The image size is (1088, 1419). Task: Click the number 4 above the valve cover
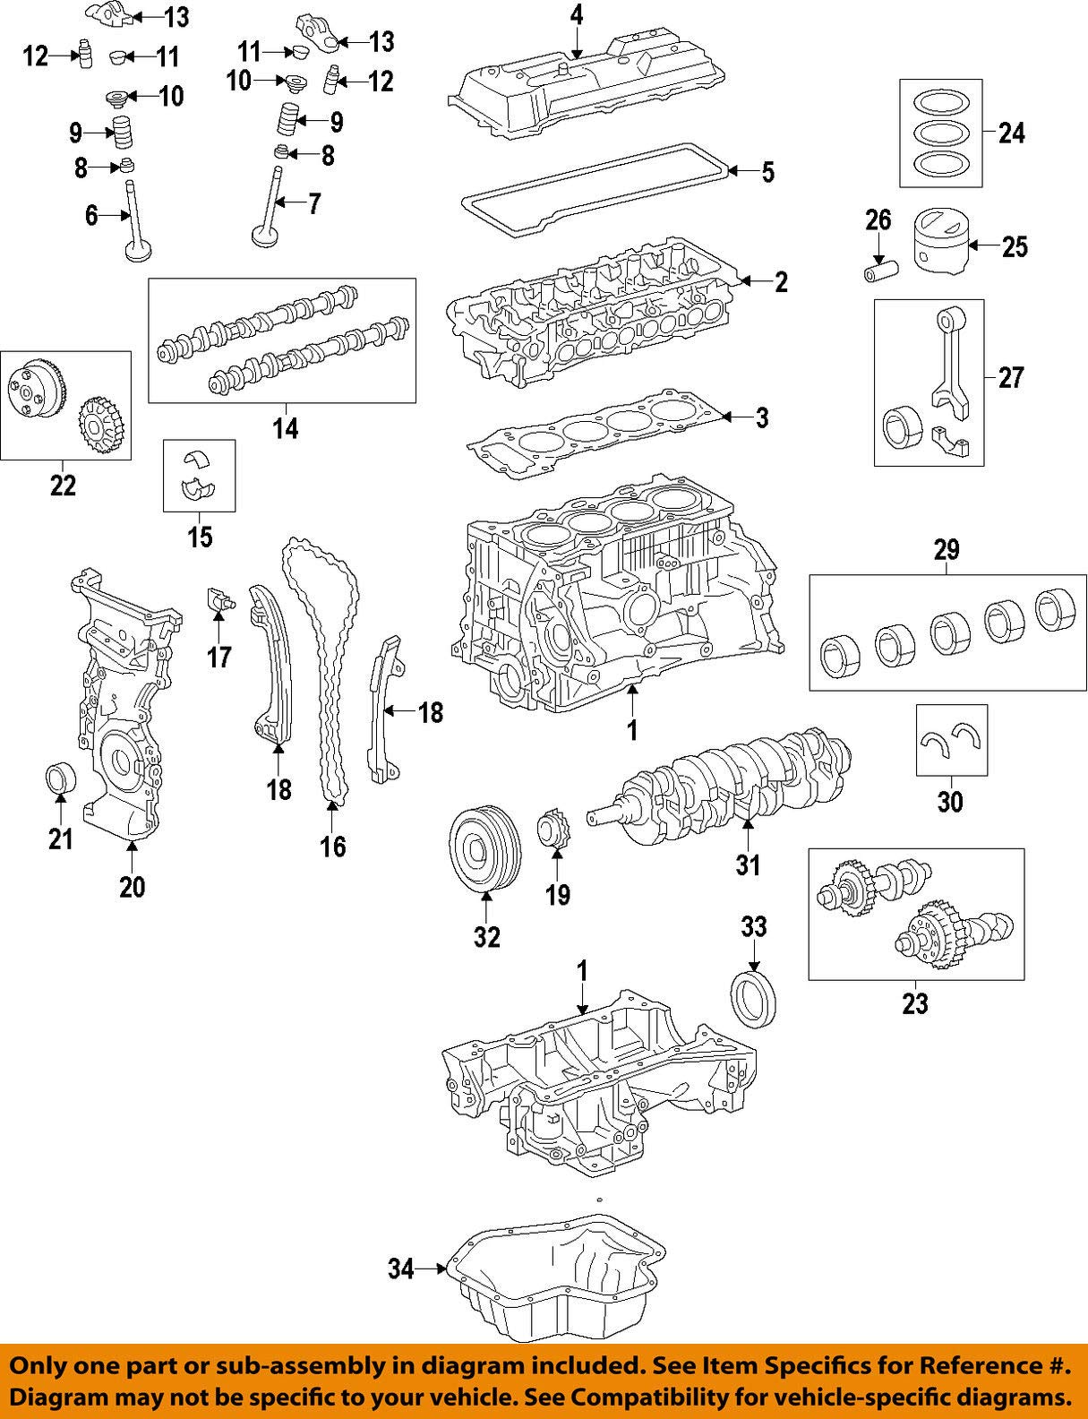click(576, 14)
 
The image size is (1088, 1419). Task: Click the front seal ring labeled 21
click(58, 777)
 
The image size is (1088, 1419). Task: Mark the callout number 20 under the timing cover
click(132, 886)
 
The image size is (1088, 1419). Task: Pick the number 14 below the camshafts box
click(285, 428)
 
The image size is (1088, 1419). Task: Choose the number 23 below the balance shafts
click(914, 1002)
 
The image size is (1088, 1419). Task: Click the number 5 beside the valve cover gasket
click(767, 172)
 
